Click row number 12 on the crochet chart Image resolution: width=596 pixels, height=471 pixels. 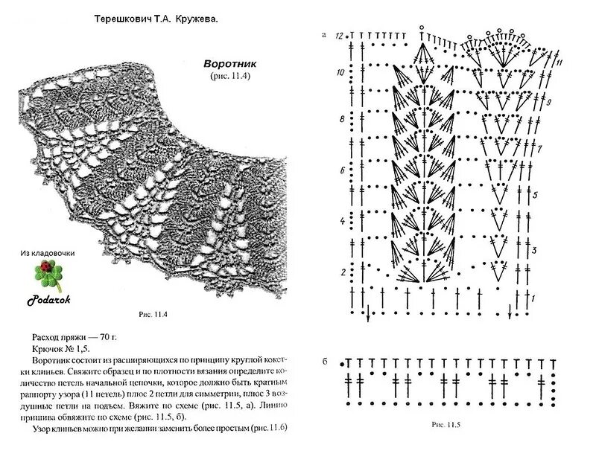(340, 36)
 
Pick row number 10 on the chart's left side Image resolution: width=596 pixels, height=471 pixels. (340, 73)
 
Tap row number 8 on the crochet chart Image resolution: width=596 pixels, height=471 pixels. (341, 119)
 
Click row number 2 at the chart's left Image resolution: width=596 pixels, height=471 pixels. (342, 272)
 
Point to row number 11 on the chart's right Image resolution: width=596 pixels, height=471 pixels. (559, 60)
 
